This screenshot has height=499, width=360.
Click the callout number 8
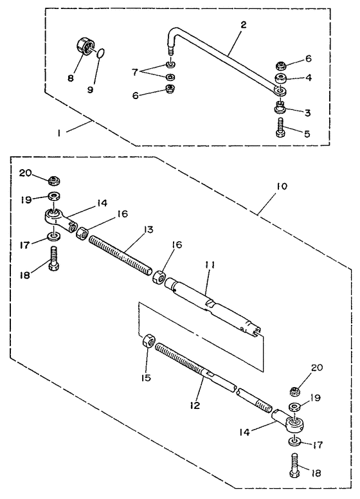pyautogui.click(x=71, y=78)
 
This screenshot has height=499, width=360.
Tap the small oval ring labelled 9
pyautogui.click(x=100, y=53)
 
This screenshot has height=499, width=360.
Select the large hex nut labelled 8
pyautogui.click(x=85, y=47)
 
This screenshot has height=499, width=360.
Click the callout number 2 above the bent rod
pyautogui.click(x=243, y=24)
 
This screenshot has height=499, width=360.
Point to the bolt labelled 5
pyautogui.click(x=280, y=127)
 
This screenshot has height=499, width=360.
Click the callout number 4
pyautogui.click(x=309, y=77)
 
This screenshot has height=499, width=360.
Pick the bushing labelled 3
pyautogui.click(x=280, y=107)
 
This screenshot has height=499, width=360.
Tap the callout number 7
pyautogui.click(x=135, y=73)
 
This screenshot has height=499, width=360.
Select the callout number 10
pyautogui.click(x=282, y=186)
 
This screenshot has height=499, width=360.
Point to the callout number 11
pyautogui.click(x=210, y=265)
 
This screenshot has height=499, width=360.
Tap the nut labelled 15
pyautogui.click(x=148, y=342)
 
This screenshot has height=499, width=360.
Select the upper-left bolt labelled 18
pyautogui.click(x=54, y=259)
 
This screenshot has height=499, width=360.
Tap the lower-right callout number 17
pyautogui.click(x=318, y=444)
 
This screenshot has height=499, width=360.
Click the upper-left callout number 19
pyautogui.click(x=26, y=199)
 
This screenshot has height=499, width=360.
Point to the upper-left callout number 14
pyautogui.click(x=102, y=203)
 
